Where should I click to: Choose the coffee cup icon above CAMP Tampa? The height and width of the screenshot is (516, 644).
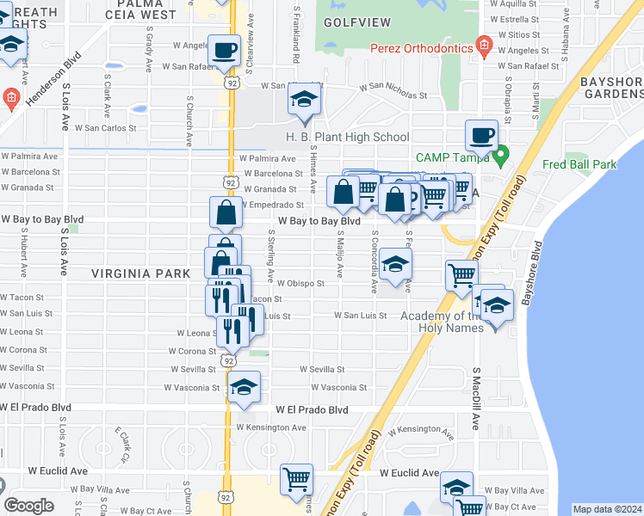pyautogui.click(x=481, y=134)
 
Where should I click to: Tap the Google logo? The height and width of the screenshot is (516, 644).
pyautogui.click(x=28, y=506)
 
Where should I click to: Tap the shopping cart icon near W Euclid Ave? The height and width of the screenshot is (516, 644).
pyautogui.click(x=296, y=478)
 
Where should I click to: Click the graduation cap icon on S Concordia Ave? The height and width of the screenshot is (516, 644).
pyautogui.click(x=394, y=264)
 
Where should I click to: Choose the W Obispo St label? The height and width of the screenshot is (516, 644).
pyautogui.click(x=300, y=283)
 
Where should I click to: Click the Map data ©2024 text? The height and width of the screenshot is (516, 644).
pyautogui.click(x=607, y=509)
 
